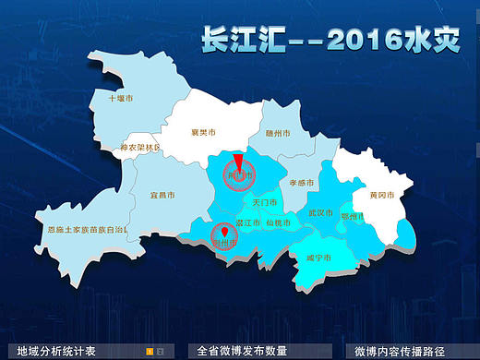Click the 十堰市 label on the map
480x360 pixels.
click(121, 97)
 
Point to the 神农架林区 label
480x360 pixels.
click(140, 148)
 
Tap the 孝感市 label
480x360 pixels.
click(304, 184)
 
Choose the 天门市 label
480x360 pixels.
click(264, 200)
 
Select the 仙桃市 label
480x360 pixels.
click(278, 222)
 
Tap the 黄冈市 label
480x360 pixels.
click(382, 196)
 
